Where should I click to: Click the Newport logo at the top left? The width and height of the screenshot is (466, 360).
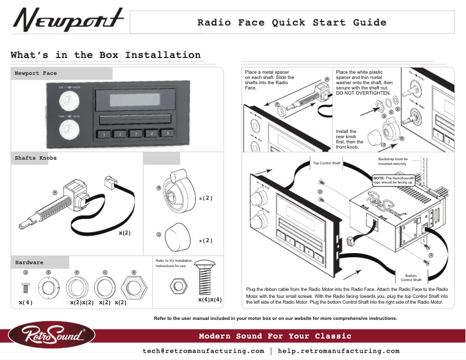coord(69,21)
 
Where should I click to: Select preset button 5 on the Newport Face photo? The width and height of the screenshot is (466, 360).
coord(167,134)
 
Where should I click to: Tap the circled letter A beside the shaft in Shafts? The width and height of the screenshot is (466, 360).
coord(55,192)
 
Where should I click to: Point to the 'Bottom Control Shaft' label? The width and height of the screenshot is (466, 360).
coord(410,277)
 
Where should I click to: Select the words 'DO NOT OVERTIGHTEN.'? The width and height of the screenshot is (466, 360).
coord(363,93)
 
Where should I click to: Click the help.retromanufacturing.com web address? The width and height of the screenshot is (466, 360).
coord(339,351)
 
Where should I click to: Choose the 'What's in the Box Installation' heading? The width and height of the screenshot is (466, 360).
coord(106,55)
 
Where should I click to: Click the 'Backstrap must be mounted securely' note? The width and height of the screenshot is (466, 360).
coord(393,161)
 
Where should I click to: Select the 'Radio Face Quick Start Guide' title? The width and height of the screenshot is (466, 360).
coord(292,23)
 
